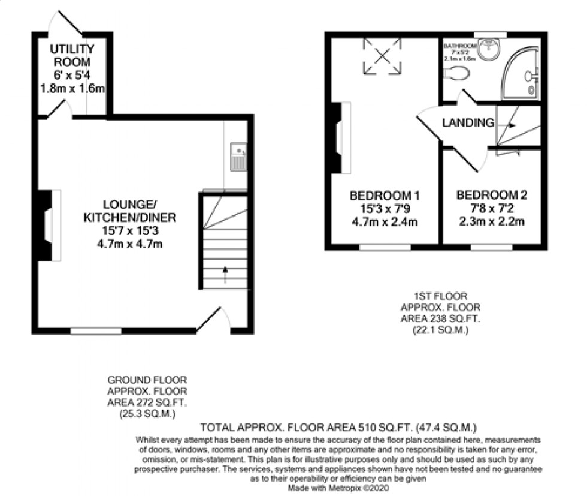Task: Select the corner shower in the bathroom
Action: pyautogui.click(x=522, y=77)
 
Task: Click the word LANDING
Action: pyautogui.click(x=468, y=123)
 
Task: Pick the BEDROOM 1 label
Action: pyautogui.click(x=384, y=196)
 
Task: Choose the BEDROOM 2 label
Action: pyautogui.click(x=491, y=196)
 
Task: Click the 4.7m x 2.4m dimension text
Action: pyautogui.click(x=384, y=222)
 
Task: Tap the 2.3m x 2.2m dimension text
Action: pyautogui.click(x=491, y=222)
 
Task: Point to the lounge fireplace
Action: pyautogui.click(x=49, y=225)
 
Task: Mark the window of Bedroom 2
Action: pyautogui.click(x=491, y=247)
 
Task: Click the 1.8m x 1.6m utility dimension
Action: pyautogui.click(x=71, y=89)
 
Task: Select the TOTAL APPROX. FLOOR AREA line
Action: pyautogui.click(x=338, y=428)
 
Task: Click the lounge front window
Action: pyautogui.click(x=96, y=330)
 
